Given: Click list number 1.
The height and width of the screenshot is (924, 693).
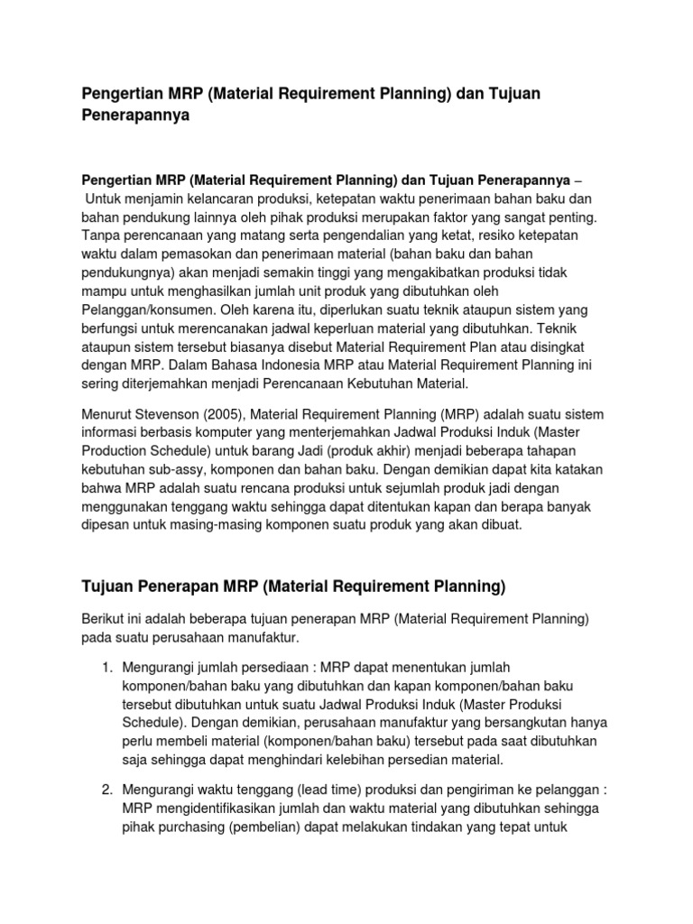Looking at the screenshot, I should click(x=106, y=667).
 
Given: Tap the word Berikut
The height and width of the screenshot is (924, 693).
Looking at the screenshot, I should click(x=104, y=619).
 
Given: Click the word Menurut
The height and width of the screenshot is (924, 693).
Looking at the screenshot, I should click(x=108, y=414).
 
